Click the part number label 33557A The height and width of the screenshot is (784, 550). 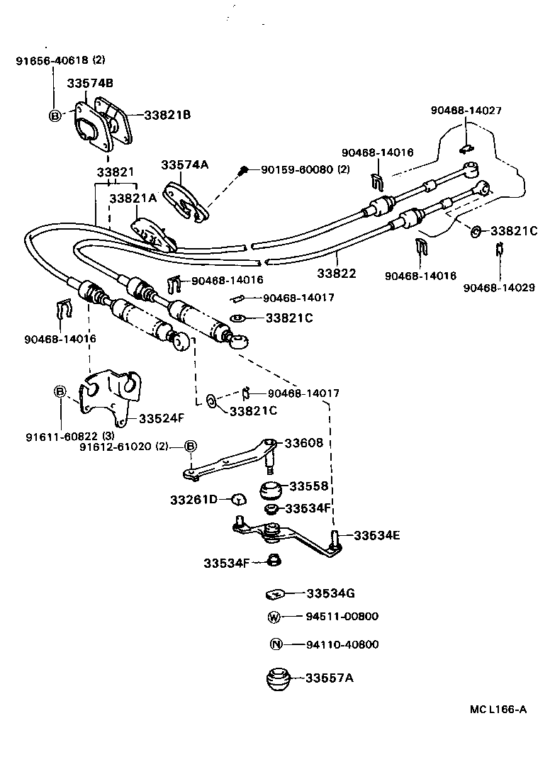330,678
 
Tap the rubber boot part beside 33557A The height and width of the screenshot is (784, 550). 279,679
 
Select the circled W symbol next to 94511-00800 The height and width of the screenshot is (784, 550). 275,617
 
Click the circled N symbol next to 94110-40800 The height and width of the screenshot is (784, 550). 276,644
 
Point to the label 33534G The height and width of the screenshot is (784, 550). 330,593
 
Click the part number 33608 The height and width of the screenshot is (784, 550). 303,443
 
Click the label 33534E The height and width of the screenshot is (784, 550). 376,535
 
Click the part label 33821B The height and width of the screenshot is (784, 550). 167,115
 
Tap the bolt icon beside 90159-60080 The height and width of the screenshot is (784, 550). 244,170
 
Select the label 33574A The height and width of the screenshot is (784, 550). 184,164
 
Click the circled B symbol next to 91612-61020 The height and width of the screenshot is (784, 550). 190,446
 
